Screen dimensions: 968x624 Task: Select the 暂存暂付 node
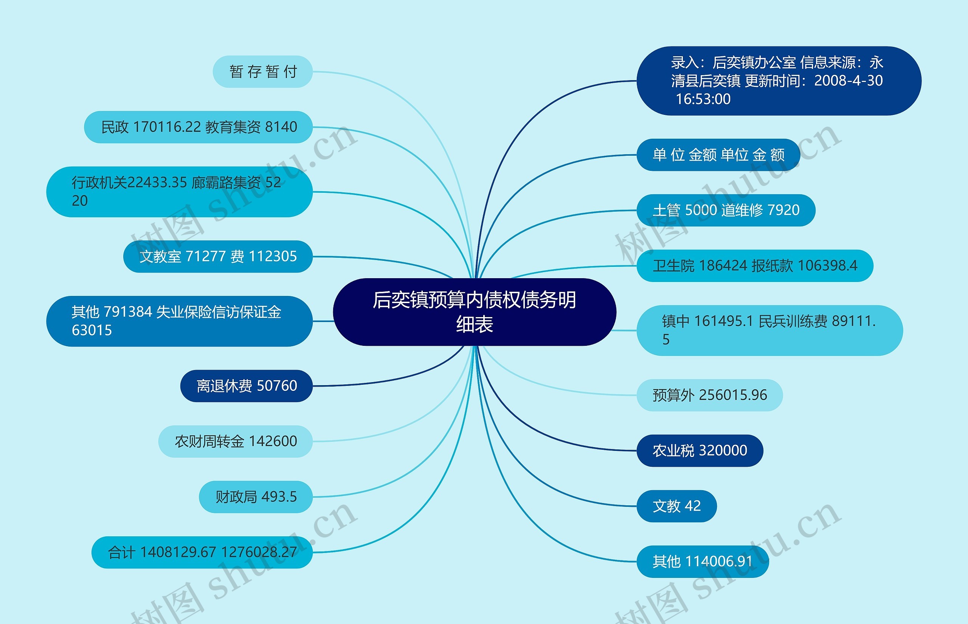click(x=263, y=72)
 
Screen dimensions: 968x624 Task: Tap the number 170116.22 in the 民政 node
click(x=167, y=127)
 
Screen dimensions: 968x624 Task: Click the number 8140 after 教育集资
click(x=281, y=127)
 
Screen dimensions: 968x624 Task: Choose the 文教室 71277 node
click(x=218, y=257)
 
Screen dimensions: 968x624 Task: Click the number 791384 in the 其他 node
click(x=128, y=312)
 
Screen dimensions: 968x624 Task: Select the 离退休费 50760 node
click(x=247, y=386)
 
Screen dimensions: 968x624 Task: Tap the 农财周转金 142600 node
click(x=236, y=441)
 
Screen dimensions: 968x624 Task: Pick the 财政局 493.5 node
click(x=256, y=497)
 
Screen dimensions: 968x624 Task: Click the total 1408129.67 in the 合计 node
click(x=178, y=552)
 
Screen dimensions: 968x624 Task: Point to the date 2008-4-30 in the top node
click(x=848, y=81)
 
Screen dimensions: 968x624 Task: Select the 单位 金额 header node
click(x=718, y=155)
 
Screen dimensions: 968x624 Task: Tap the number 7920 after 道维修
click(x=783, y=210)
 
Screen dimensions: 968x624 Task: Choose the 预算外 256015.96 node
click(x=709, y=395)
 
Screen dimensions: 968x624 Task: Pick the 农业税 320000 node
click(x=700, y=451)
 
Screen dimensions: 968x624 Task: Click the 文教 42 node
click(x=676, y=506)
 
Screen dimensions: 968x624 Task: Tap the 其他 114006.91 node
click(x=703, y=562)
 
